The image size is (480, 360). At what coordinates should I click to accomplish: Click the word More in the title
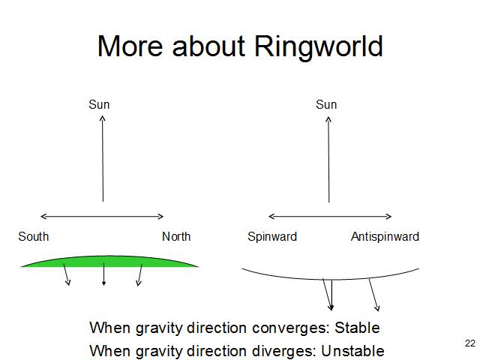point(129,46)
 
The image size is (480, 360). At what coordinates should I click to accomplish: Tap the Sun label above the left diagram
point(99,105)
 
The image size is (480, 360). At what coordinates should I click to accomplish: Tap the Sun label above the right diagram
point(326,105)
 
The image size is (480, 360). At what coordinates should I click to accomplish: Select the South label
point(34,237)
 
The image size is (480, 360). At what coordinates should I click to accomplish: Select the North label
point(176,237)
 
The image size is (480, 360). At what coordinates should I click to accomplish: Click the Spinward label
point(272,237)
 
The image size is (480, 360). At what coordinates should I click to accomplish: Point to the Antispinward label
point(385,237)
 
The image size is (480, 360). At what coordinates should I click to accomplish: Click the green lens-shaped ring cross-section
point(109,260)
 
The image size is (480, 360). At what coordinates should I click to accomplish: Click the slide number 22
point(470,343)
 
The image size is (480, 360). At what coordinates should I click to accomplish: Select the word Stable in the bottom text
point(357,328)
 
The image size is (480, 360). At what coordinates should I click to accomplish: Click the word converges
point(288,328)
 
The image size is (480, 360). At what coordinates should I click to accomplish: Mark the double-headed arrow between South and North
point(102,217)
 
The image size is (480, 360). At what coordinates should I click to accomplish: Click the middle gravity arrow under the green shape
point(103,274)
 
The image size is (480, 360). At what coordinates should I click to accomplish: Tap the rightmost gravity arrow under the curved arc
point(373,295)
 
